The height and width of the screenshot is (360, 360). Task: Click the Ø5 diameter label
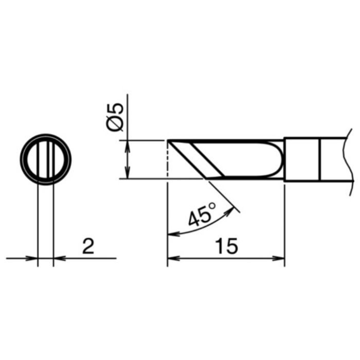115,117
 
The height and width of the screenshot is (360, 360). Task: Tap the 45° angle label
202,214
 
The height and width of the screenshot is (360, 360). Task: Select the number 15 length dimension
227,246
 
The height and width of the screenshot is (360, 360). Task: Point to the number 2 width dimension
88,246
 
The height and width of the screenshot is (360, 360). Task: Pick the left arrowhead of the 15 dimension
174,258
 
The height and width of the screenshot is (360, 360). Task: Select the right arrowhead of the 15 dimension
279,258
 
